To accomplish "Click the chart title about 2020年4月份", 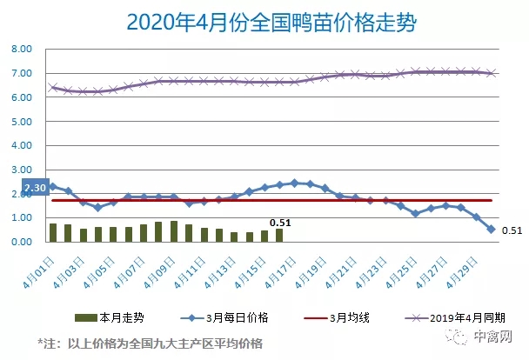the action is click(271, 23).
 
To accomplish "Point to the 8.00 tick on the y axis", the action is click(22, 49).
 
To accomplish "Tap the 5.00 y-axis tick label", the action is click(22, 122).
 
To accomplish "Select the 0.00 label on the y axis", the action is click(22, 242).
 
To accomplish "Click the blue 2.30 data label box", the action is click(36, 187).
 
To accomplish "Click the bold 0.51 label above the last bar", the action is click(280, 223).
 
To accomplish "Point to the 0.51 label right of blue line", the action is click(512, 230).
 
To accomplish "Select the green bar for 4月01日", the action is click(53, 232).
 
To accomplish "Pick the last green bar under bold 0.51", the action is click(279, 236).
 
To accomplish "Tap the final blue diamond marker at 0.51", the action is click(492, 230).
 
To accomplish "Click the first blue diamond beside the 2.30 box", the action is click(53, 186).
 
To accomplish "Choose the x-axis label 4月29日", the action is click(462, 273).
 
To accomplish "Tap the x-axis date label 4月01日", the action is click(38, 273).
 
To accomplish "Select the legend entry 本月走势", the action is click(110, 317).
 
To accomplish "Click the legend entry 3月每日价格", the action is click(224, 317).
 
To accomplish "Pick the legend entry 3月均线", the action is click(337, 317).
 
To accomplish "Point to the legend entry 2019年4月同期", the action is click(455, 317).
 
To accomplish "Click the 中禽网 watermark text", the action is click(493, 336).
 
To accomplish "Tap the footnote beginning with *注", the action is click(151, 343).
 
